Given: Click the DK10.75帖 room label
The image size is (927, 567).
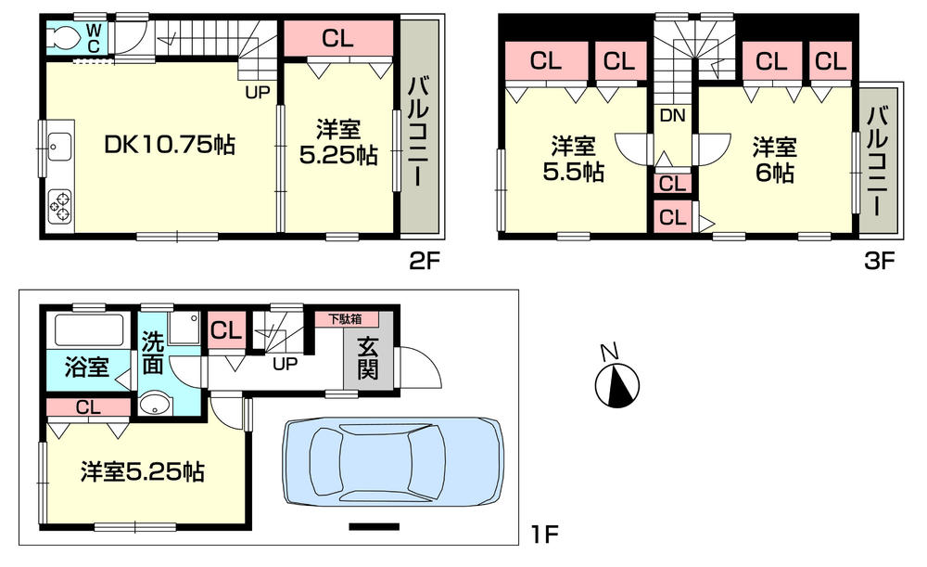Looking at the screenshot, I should click(x=169, y=145).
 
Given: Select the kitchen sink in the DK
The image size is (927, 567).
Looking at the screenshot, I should click(x=58, y=145).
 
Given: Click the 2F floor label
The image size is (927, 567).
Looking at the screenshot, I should click(x=422, y=261).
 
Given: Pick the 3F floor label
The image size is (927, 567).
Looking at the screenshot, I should click(x=878, y=261).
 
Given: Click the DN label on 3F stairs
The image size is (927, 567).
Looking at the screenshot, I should click(x=672, y=116).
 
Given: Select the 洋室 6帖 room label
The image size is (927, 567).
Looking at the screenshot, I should click(x=773, y=159).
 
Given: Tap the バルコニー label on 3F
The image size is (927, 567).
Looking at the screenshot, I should click(x=878, y=159).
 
